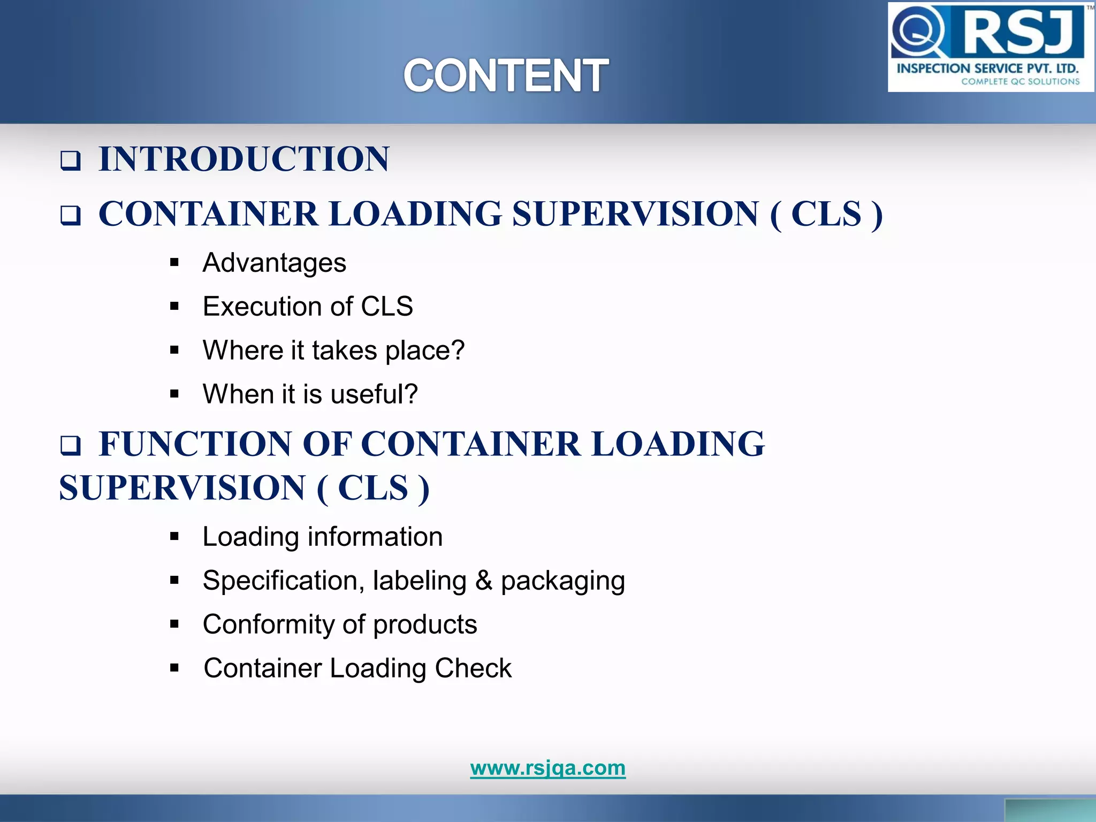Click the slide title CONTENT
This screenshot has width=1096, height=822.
[505, 75]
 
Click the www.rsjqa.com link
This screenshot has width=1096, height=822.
[547, 767]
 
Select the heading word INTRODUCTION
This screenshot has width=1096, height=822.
[244, 159]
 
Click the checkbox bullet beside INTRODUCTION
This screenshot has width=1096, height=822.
[70, 161]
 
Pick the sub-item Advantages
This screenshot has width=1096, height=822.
[274, 263]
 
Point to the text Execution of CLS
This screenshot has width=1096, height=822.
[308, 307]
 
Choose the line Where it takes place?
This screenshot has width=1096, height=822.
[333, 351]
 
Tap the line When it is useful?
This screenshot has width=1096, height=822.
[310, 394]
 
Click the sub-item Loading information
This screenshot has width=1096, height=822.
[322, 537]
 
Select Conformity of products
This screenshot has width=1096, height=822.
[340, 625]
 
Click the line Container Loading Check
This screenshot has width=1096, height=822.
[357, 668]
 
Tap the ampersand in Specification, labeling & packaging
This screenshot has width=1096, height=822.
[483, 581]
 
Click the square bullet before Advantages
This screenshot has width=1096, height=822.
[174, 263]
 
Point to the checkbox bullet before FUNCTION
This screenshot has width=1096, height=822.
[70, 445]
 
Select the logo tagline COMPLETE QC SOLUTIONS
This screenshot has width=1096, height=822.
[1020, 82]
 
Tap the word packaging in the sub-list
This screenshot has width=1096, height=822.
[562, 582]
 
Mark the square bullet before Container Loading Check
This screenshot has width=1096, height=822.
[174, 668]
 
